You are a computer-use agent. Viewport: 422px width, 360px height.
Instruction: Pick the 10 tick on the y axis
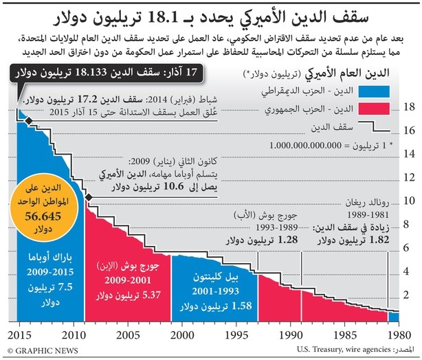[x=409, y=201]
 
